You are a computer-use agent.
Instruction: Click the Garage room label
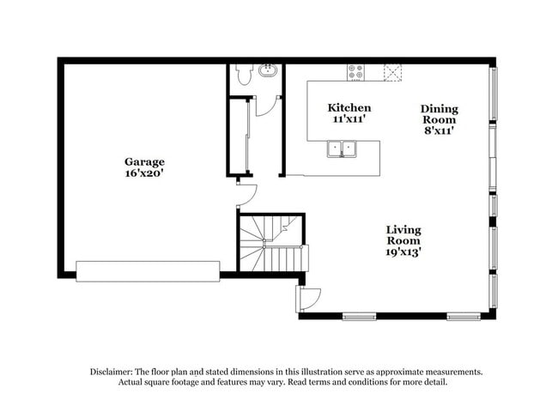click(144, 161)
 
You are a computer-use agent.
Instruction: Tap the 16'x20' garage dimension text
click(144, 173)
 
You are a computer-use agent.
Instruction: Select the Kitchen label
click(349, 108)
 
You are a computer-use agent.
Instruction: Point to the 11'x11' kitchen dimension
click(349, 119)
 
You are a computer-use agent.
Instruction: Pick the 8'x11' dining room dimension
click(439, 131)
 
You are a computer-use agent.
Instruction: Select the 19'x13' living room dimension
click(403, 252)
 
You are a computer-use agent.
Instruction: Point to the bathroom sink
click(268, 71)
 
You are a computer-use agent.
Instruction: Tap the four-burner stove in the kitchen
click(355, 72)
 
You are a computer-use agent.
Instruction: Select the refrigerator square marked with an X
click(392, 72)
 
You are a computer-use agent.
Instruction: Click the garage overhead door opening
click(148, 271)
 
